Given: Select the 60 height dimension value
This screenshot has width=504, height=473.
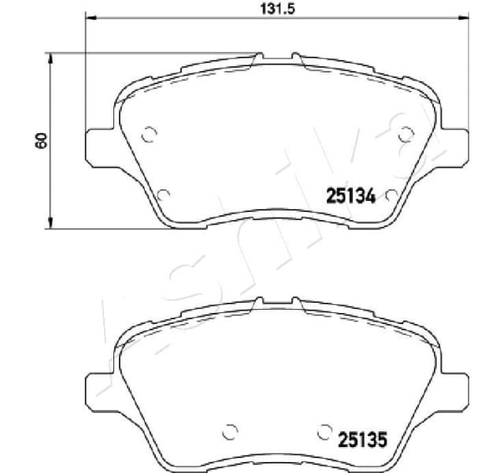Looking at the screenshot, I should point(41,140).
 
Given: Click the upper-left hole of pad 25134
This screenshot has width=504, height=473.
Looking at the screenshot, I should point(147,134).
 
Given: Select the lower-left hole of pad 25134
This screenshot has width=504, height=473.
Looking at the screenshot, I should point(162,193).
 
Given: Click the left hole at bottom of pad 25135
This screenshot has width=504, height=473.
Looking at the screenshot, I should point(230,431).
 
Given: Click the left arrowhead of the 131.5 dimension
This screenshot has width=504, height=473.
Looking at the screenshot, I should point(89,18).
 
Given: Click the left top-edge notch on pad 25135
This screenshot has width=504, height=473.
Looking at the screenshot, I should point(259,301).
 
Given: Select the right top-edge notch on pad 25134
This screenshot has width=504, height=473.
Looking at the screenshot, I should point(295,57).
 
